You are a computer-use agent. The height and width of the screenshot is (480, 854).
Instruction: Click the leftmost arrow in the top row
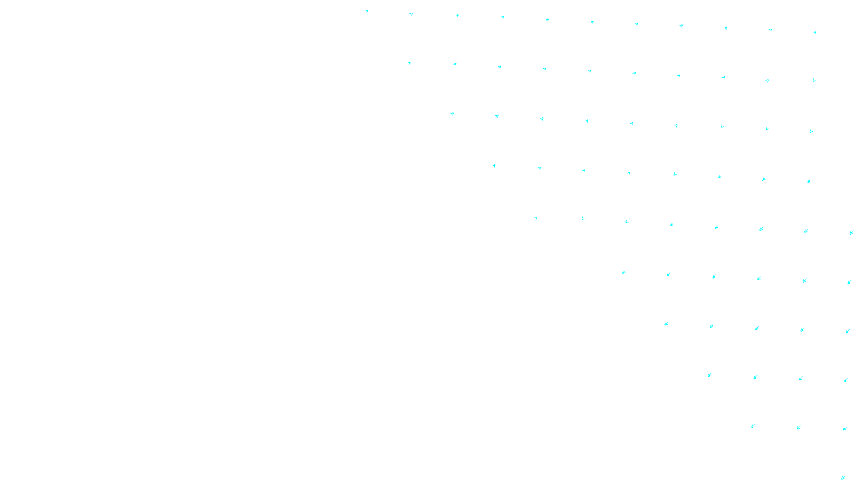(x=366, y=11)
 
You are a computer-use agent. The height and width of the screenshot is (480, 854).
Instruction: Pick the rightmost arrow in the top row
(x=815, y=33)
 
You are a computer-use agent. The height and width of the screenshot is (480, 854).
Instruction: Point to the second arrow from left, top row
(x=411, y=14)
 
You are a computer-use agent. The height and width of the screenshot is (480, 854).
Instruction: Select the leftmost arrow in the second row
(x=409, y=63)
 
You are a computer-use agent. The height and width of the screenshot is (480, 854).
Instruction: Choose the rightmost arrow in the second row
(x=814, y=81)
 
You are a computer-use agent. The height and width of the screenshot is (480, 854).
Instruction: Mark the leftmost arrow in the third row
(x=452, y=114)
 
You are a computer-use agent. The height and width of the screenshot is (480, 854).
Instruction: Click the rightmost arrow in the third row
(x=811, y=131)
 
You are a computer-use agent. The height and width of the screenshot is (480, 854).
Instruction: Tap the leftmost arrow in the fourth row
(x=494, y=166)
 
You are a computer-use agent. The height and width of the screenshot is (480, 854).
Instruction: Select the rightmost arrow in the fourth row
(x=809, y=181)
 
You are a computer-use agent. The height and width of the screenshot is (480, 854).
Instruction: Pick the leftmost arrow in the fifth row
(x=535, y=218)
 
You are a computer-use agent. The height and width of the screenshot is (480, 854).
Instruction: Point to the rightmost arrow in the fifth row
(x=851, y=233)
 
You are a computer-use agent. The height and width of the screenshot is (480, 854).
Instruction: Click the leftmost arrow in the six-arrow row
(x=623, y=273)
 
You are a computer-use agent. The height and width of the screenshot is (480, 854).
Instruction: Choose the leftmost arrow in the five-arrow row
(x=666, y=324)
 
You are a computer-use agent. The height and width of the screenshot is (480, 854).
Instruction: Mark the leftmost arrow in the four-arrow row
(x=709, y=375)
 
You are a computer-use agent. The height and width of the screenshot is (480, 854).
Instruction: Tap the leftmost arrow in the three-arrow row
(x=753, y=426)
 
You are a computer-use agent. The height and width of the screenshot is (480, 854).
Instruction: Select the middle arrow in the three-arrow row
(x=798, y=427)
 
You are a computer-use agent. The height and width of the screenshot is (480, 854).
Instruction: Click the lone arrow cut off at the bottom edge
(x=843, y=477)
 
